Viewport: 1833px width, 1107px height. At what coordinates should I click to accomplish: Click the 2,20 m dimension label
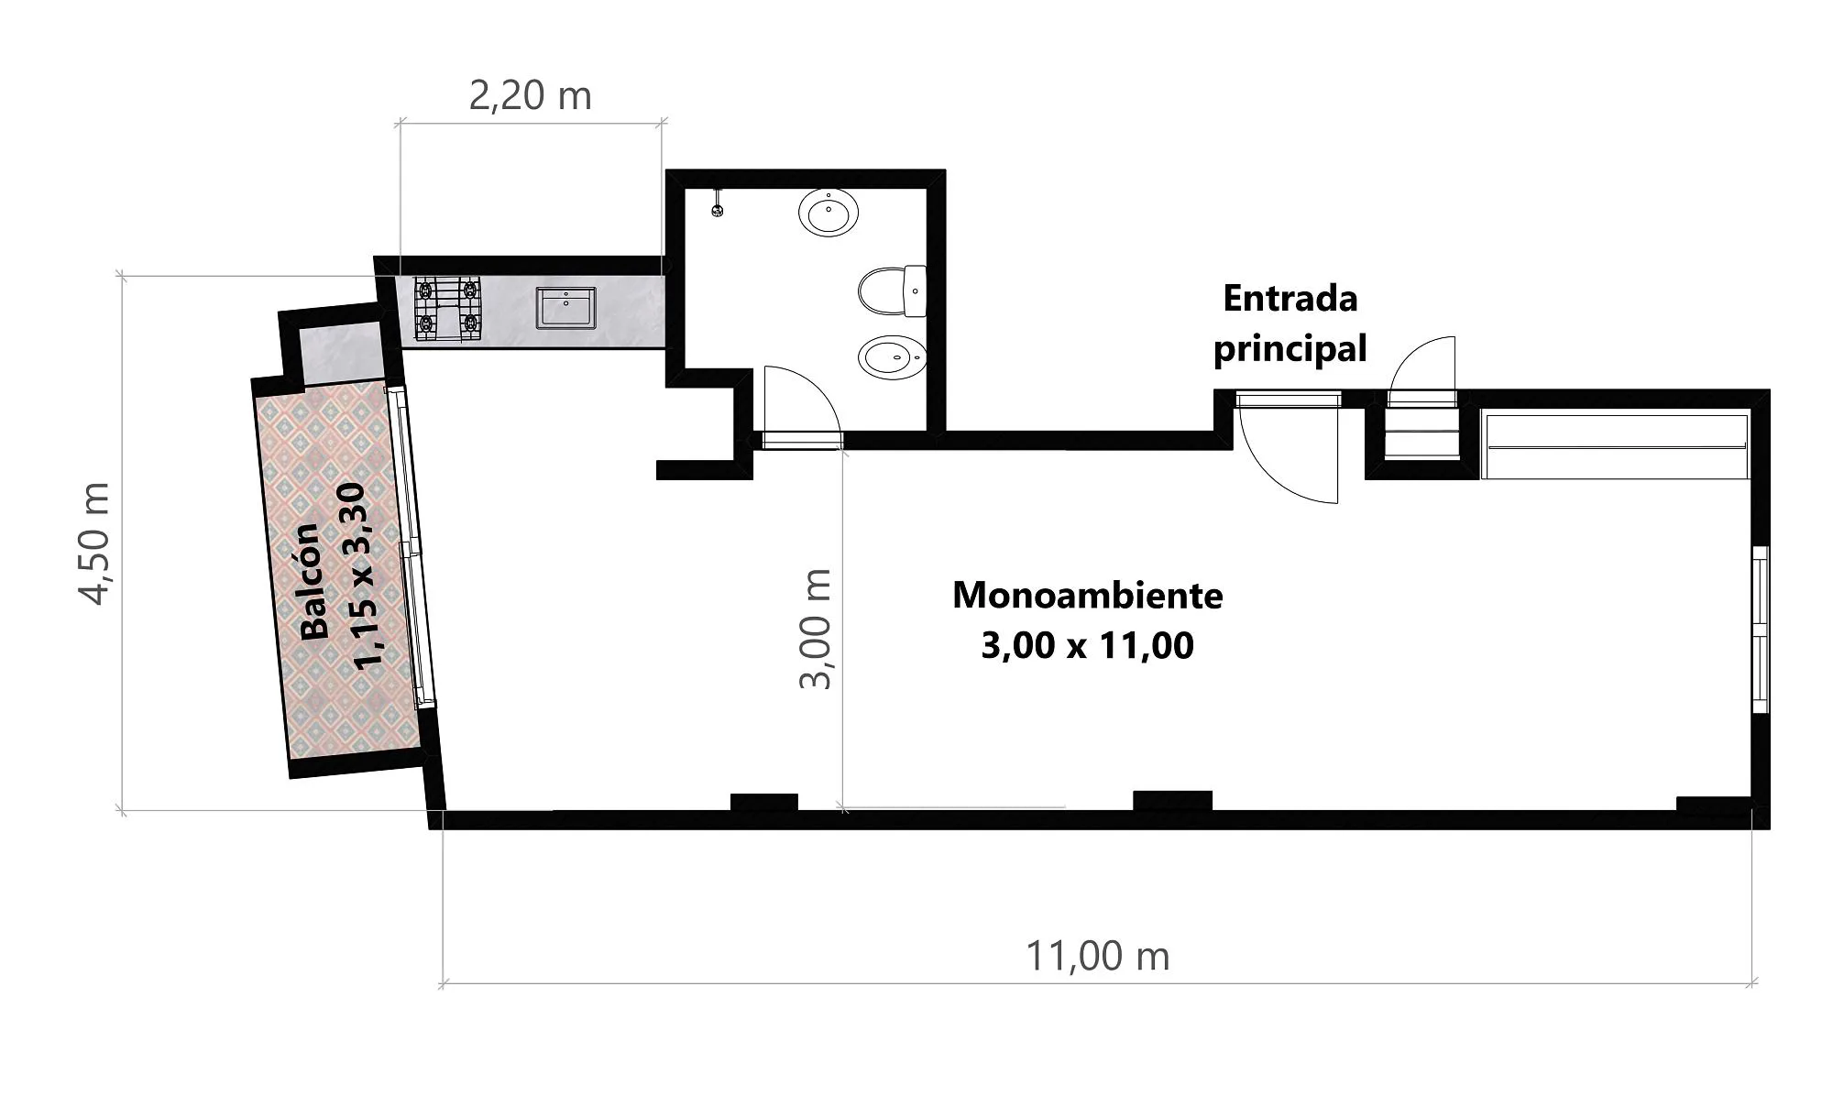[530, 96]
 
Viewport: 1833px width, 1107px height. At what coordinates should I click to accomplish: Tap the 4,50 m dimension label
[94, 543]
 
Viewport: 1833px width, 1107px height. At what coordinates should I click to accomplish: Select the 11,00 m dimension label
[1097, 957]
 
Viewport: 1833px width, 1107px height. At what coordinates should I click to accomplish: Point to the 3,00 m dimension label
[815, 629]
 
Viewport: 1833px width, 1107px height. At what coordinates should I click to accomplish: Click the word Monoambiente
[1088, 596]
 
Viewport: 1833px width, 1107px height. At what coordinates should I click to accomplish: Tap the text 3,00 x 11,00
[1088, 646]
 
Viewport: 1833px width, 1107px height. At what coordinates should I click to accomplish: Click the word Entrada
[1290, 299]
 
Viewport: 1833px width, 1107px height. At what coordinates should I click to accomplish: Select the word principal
[1290, 349]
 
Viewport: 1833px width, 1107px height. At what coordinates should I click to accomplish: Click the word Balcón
[313, 581]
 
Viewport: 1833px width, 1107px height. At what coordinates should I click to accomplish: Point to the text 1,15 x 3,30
[362, 576]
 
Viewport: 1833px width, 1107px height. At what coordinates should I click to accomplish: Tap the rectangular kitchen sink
[566, 308]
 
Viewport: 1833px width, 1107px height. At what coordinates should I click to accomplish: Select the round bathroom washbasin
[829, 213]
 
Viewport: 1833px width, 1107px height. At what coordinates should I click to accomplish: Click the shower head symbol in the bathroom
[718, 203]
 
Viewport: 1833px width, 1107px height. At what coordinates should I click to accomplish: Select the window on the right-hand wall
[1760, 629]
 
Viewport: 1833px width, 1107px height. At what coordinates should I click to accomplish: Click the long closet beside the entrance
[1615, 446]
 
